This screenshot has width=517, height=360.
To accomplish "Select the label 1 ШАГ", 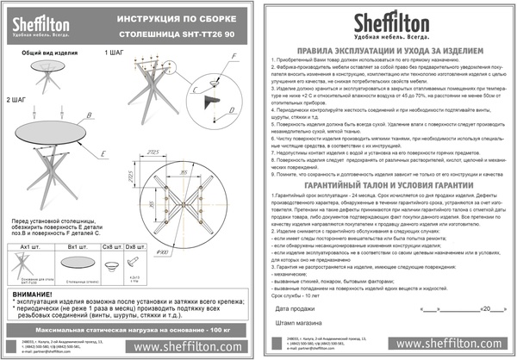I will (115, 53).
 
